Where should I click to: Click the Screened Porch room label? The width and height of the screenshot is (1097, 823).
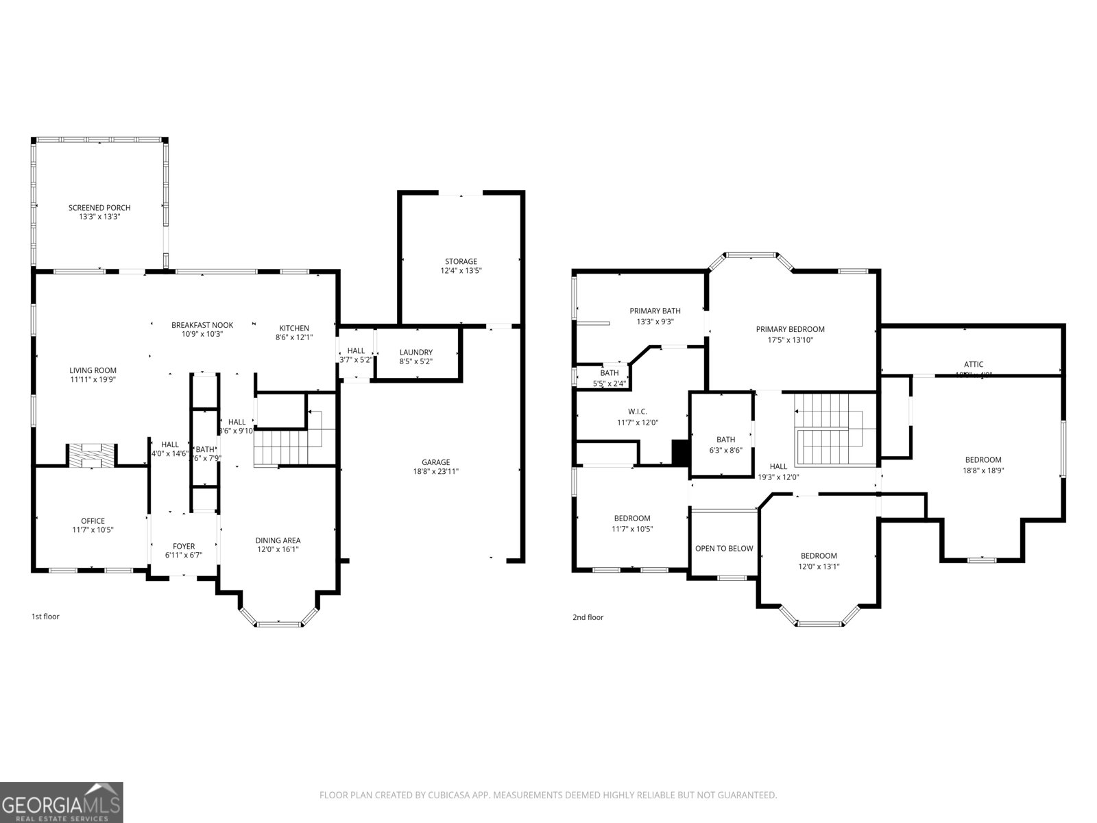[99, 208]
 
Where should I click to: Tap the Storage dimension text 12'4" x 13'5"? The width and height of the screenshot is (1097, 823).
[461, 271]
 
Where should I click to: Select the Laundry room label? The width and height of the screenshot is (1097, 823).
[416, 352]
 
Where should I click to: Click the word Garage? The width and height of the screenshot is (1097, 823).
[435, 462]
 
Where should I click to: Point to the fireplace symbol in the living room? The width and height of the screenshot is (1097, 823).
[91, 455]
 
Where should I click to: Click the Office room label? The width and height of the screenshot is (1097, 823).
[93, 521]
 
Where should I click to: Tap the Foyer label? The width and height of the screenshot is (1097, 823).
[183, 547]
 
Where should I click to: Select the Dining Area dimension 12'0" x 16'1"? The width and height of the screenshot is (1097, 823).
[278, 549]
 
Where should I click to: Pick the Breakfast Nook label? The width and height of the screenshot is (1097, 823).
[202, 325]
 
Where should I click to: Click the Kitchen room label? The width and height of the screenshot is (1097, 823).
[294, 328]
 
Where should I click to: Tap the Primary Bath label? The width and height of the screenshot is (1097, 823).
[655, 311]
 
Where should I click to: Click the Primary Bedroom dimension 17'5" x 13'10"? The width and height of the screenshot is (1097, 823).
[790, 339]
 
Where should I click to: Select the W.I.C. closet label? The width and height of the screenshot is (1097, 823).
[638, 411]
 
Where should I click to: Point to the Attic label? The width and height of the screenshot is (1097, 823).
[974, 364]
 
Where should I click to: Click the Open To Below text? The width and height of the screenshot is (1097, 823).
[724, 548]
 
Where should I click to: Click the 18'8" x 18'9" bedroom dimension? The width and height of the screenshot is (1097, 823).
[983, 470]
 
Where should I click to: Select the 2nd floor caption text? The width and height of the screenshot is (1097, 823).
[588, 617]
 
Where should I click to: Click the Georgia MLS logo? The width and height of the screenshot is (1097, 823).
[62, 802]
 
